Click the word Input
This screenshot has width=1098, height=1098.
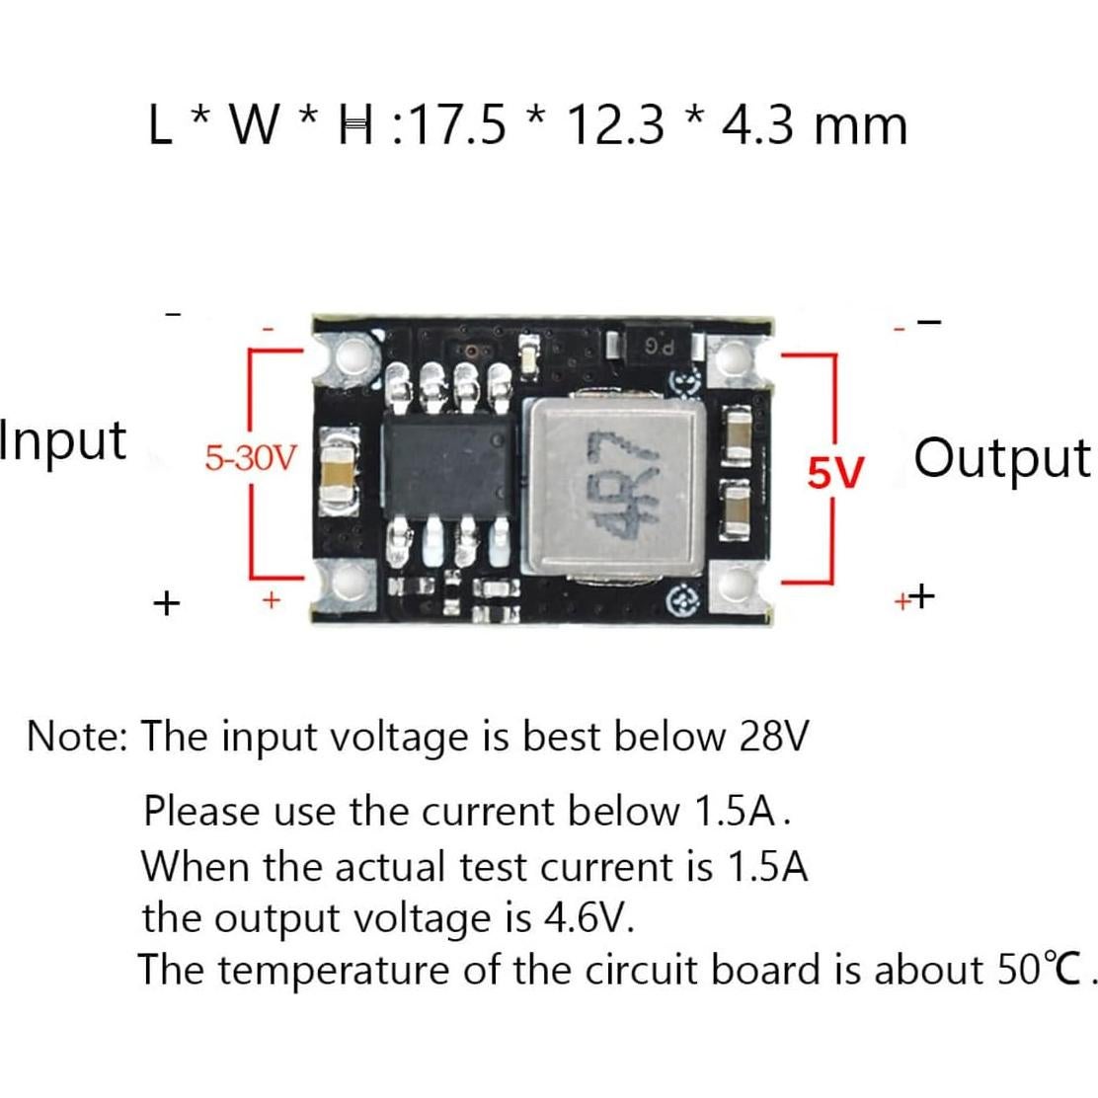click(63, 440)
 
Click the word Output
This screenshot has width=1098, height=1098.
click(1002, 457)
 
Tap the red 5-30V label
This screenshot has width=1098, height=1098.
click(250, 458)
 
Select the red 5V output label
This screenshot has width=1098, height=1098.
click(835, 474)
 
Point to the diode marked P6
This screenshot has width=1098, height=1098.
click(660, 347)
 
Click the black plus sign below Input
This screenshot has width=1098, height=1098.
click(167, 600)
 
